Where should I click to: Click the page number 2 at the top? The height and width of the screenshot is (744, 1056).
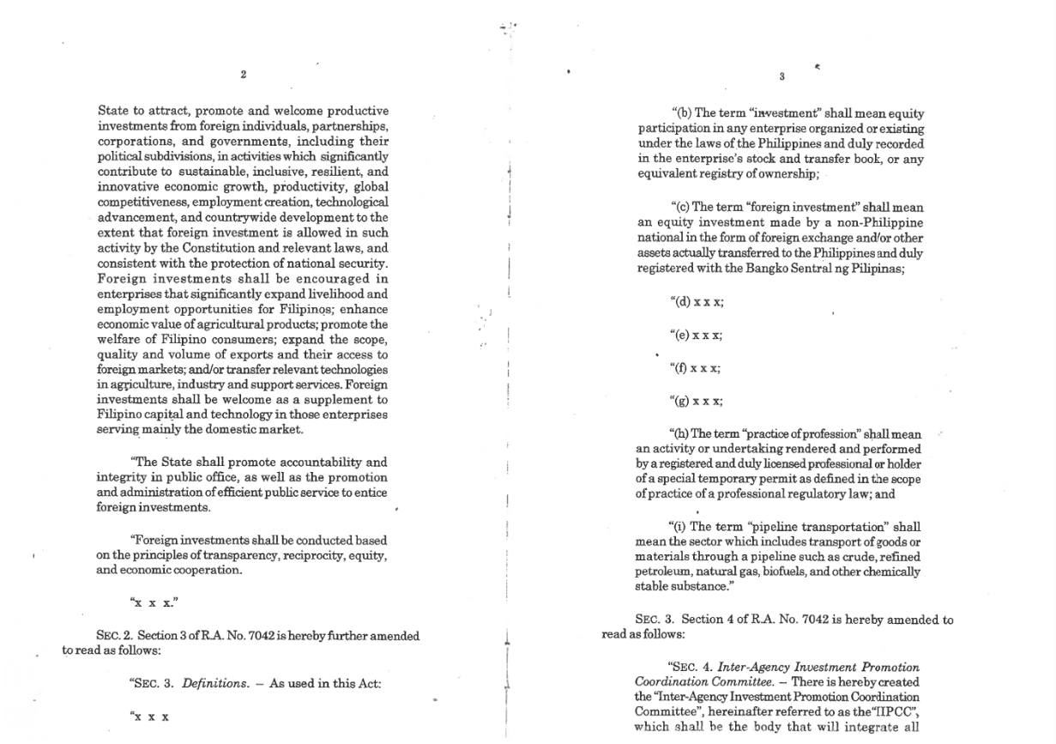244,75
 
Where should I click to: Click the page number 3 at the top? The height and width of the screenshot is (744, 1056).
782,76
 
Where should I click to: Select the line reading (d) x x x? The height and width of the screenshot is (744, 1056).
696,302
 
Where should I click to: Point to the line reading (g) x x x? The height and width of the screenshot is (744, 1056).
696,401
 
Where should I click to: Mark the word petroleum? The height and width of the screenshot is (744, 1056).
663,572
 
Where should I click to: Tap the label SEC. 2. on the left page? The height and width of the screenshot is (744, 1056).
115,636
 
